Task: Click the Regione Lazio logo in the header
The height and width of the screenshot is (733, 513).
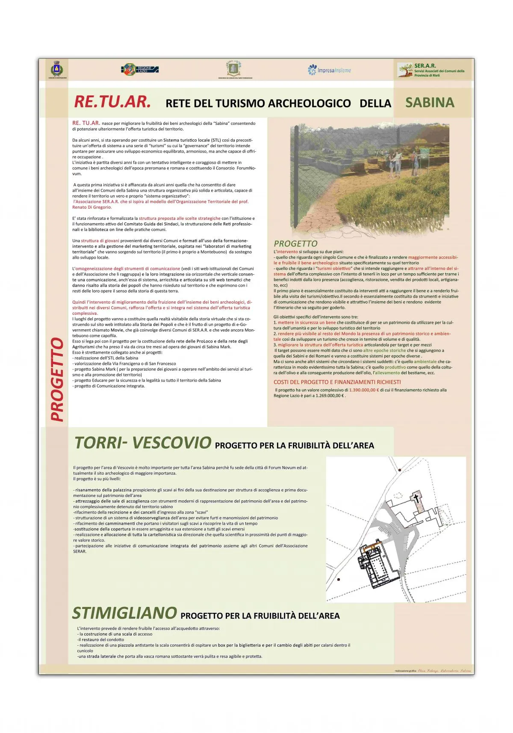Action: [x=140, y=69]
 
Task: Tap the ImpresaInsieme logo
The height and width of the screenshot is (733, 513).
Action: [x=329, y=70]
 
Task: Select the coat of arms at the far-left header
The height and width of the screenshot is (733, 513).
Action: [x=57, y=69]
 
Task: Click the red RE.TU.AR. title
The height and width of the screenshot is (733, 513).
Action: [x=112, y=102]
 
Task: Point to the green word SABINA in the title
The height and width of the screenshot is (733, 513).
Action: [x=430, y=103]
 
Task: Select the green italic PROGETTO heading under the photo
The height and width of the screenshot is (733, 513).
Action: [x=295, y=243]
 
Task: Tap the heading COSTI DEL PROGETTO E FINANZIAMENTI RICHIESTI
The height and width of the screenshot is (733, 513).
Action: [x=337, y=382]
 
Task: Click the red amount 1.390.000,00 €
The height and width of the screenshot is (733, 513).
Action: [x=364, y=390]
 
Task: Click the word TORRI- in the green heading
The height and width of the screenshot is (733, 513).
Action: [x=101, y=443]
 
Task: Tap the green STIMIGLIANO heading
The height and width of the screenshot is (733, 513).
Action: [x=124, y=613]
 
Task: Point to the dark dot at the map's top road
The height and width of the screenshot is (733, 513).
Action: [x=399, y=470]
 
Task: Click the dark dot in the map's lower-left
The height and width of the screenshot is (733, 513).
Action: [x=339, y=579]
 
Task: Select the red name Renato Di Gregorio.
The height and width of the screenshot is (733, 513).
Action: [x=92, y=207]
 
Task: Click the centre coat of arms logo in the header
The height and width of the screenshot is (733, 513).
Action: [x=233, y=69]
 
